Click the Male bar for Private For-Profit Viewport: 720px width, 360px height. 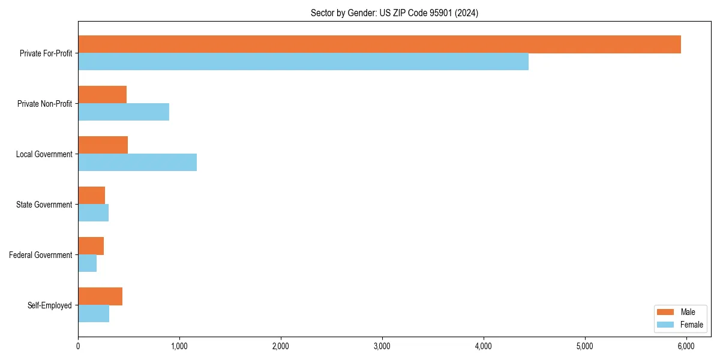click(379, 44)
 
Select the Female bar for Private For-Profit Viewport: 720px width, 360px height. click(303, 62)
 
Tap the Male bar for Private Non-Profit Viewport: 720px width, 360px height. click(102, 95)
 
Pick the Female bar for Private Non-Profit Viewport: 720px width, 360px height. click(124, 112)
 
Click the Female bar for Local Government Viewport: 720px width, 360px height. click(137, 163)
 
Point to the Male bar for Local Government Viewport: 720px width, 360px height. click(103, 145)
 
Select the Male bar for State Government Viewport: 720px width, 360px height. click(91, 196)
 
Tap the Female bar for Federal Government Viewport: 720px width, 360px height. click(87, 263)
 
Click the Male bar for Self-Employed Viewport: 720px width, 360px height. click(100, 296)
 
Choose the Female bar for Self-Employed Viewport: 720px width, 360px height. click(94, 314)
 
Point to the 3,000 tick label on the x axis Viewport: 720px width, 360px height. click(382, 346)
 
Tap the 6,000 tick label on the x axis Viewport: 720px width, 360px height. click(686, 346)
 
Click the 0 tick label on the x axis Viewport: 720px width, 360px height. click(78, 346)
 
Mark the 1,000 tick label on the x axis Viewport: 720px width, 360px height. click(179, 346)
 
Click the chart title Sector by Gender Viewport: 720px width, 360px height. click(394, 13)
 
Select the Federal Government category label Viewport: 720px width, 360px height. click(41, 255)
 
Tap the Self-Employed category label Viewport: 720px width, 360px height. click(50, 305)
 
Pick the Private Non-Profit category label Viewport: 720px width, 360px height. click(44, 104)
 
